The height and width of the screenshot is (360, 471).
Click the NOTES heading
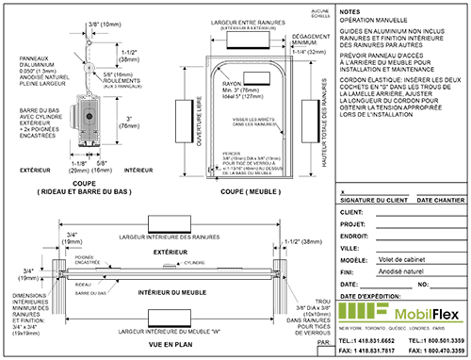coord(350,7)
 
